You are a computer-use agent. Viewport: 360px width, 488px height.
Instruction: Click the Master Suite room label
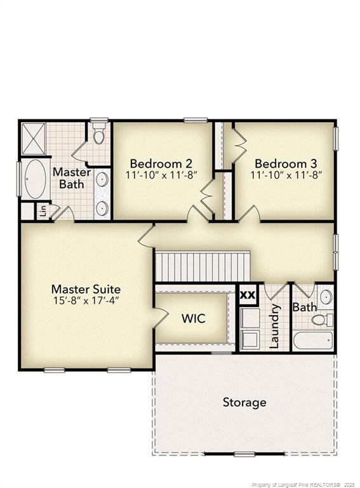click(x=86, y=289)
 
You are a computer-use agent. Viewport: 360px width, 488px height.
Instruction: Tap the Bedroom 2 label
click(x=161, y=163)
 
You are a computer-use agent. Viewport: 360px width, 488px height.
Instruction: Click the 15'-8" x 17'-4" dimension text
click(x=86, y=301)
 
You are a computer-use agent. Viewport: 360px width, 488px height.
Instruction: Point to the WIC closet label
click(x=193, y=318)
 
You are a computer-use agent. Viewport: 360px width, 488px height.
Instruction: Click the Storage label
click(x=244, y=402)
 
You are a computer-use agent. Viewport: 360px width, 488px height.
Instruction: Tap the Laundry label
click(x=275, y=325)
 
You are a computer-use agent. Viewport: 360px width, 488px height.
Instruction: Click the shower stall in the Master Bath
click(x=33, y=138)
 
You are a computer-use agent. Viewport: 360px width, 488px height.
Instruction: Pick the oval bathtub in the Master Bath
click(x=35, y=179)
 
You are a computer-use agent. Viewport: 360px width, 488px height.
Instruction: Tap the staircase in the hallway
click(x=203, y=266)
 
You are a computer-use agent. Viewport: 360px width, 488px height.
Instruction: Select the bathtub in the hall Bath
click(x=312, y=340)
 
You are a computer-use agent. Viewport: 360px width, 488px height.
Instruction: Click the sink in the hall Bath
click(x=325, y=297)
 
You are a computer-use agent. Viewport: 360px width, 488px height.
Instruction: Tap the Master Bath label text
click(x=71, y=178)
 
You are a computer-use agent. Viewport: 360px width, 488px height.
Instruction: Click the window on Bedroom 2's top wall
click(x=196, y=119)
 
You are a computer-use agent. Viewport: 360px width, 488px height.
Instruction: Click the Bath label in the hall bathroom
click(x=304, y=308)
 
